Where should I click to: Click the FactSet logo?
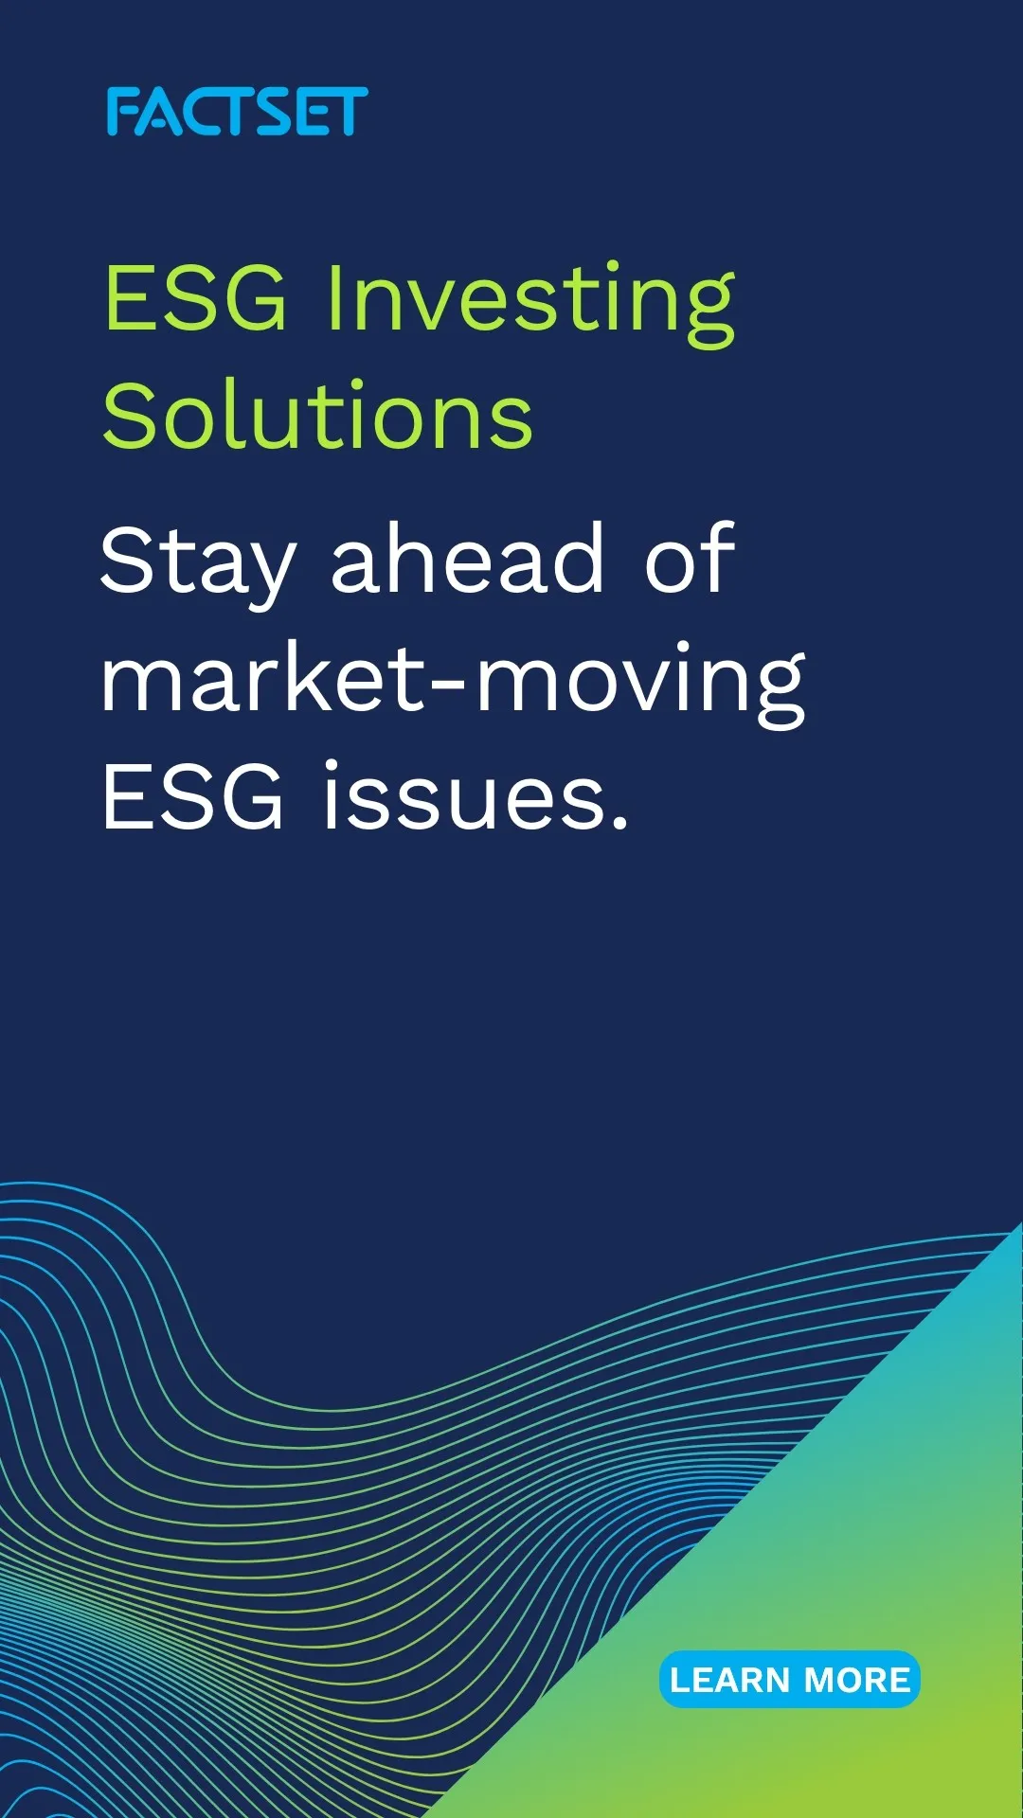click(x=237, y=112)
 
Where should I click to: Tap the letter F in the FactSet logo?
click(x=122, y=112)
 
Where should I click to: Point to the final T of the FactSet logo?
click(x=348, y=112)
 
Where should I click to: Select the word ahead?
click(x=468, y=559)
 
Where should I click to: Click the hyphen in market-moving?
click(x=452, y=686)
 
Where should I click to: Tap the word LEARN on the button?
click(x=730, y=1681)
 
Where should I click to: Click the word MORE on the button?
click(x=858, y=1681)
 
